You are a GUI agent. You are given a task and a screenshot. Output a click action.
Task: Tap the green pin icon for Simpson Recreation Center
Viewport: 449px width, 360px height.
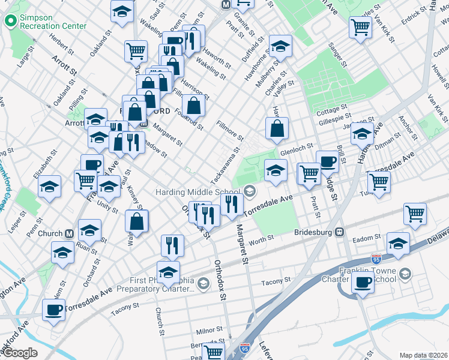coord(10,22)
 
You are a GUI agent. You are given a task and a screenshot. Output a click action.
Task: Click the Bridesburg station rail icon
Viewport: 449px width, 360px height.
coord(339,232)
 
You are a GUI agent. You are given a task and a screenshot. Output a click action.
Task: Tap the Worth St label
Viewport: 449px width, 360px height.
coord(261,239)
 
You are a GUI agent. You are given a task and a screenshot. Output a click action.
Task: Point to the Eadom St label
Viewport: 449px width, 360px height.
coord(364,239)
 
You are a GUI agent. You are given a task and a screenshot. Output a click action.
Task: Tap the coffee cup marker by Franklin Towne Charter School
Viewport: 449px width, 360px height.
coord(363,283)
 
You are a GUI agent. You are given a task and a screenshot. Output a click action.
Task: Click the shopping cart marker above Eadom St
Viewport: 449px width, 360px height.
coord(415,213)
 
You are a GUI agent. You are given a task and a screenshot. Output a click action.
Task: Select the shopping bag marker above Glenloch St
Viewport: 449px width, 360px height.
coord(277,128)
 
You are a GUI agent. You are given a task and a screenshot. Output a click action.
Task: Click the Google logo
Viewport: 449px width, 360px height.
coord(20,353)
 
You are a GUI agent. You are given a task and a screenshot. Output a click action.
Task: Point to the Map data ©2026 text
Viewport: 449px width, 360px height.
coord(423,355)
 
